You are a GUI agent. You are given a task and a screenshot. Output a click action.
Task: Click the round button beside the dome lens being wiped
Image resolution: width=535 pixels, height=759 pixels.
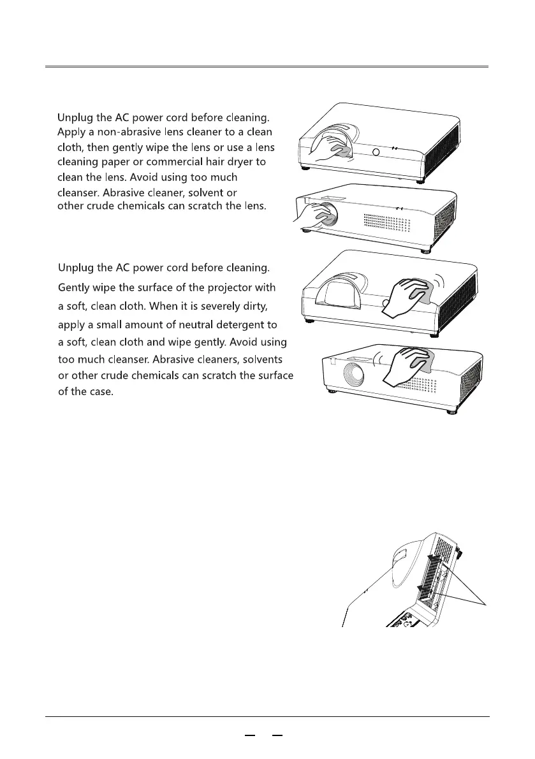click(376, 152)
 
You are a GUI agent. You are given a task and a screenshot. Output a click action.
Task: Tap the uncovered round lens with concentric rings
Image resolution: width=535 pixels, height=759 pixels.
click(350, 377)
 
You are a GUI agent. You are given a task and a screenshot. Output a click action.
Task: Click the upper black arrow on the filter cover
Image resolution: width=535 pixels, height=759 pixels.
click(433, 561)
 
